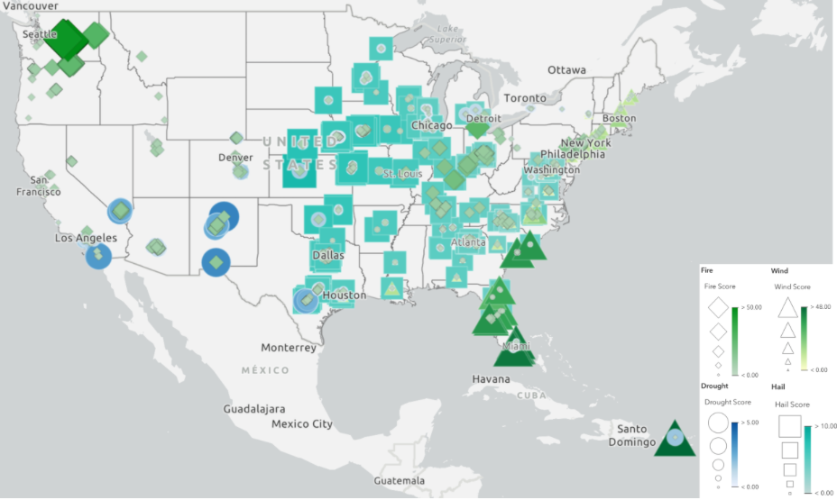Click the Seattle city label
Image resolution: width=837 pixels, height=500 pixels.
click(39, 34)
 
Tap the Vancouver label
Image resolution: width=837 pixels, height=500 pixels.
click(28, 5)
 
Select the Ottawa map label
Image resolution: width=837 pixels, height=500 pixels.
click(566, 70)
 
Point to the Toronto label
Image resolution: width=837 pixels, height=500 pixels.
click(524, 97)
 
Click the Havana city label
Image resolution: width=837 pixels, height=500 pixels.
click(491, 379)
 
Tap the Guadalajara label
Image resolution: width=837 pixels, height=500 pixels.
click(261, 409)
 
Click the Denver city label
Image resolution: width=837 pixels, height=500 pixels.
click(235, 158)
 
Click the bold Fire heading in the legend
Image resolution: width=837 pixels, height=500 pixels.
click(708, 270)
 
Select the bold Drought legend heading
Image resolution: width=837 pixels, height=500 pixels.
click(714, 386)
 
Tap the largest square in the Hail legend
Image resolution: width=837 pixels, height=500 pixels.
click(789, 426)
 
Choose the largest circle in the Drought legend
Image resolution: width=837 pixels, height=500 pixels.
click(718, 423)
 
